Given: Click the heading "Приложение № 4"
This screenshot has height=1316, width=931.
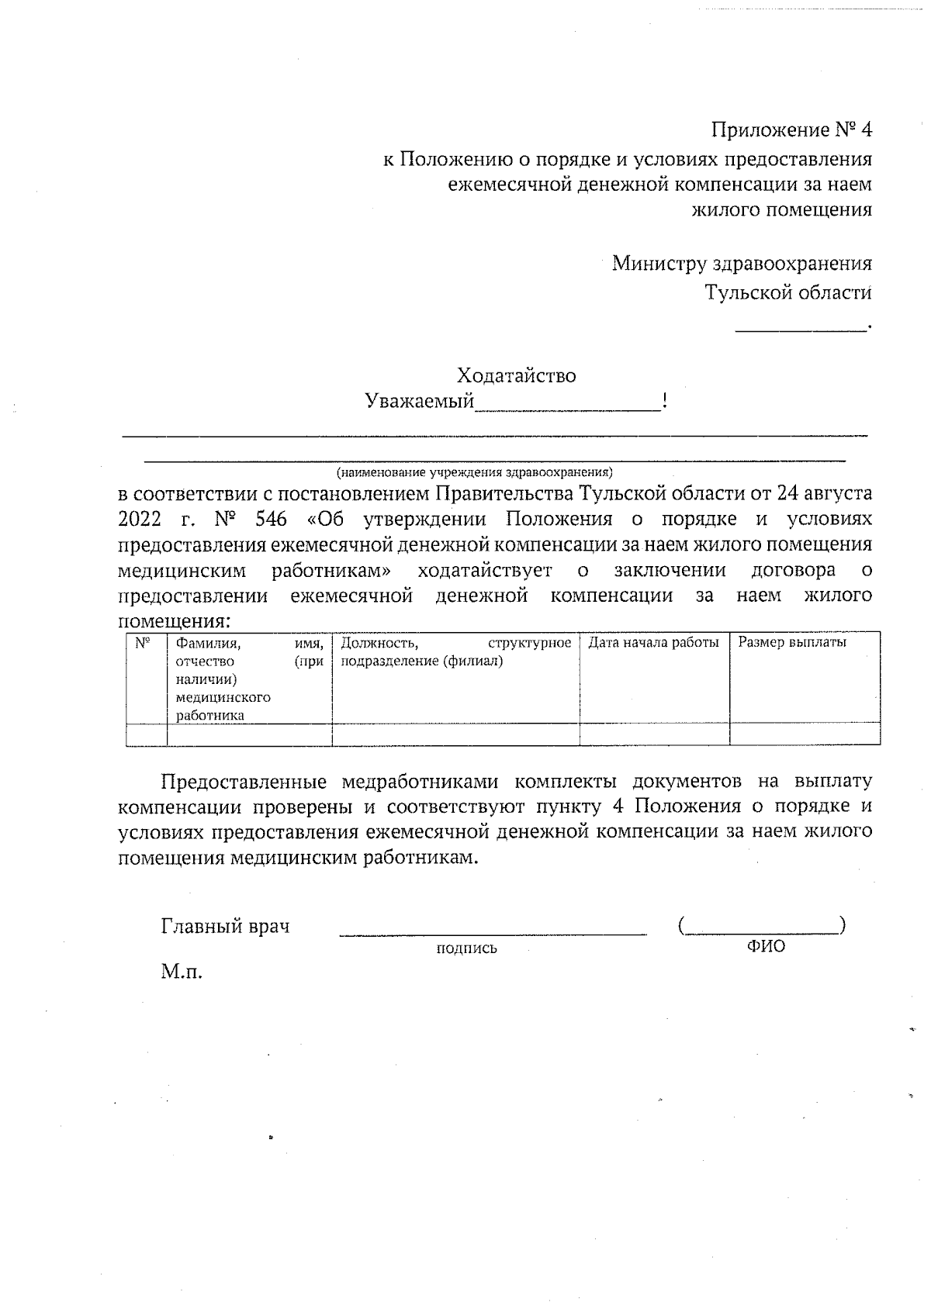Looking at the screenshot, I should coord(791,130).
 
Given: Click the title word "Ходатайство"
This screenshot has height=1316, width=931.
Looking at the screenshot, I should coord(516,376).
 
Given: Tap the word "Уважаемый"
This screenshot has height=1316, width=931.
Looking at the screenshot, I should coord(419,402).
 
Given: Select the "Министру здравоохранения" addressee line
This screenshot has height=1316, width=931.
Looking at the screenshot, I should coord(741,264).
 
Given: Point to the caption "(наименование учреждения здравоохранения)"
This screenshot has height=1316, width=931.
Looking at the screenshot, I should coord(474,471).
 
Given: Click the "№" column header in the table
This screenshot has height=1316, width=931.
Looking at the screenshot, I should coord(143,643).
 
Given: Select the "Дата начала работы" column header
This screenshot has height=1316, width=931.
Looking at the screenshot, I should coord(653,643).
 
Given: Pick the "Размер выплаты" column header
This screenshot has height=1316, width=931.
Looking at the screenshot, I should coord(791,643).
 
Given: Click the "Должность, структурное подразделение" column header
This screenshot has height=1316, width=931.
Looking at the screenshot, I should coord(455,651).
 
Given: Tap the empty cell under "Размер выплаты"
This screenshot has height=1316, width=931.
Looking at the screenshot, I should coord(804,734).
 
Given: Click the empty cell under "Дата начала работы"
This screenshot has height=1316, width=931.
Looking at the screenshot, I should coord(654,734).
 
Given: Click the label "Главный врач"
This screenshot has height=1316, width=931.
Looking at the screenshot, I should coord(225,926).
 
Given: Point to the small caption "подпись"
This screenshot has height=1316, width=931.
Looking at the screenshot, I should coord(466,948).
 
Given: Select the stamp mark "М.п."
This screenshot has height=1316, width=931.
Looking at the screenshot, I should coord(182,972).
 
